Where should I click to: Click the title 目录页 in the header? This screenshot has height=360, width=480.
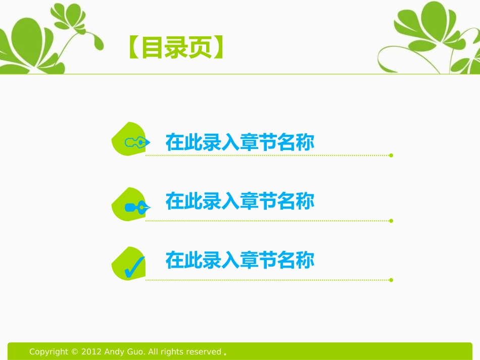pyautogui.click(x=175, y=49)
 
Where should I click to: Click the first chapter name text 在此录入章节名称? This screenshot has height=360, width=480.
pyautogui.click(x=240, y=143)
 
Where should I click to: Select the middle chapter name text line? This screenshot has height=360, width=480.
pyautogui.click(x=240, y=201)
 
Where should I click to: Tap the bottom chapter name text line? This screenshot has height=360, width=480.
pyautogui.click(x=240, y=261)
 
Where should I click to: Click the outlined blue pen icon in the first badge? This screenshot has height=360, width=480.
pyautogui.click(x=136, y=142)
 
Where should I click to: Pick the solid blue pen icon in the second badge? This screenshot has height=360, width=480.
pyautogui.click(x=137, y=207)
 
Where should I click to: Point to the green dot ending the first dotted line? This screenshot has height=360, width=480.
pyautogui.click(x=391, y=156)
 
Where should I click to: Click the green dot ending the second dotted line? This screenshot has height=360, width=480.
pyautogui.click(x=391, y=221)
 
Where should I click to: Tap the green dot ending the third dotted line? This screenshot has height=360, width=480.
pyautogui.click(x=391, y=280)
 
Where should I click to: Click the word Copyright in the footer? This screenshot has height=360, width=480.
pyautogui.click(x=48, y=352)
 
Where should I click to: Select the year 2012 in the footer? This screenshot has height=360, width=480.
pyautogui.click(x=91, y=352)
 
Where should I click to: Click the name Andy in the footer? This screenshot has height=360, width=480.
pyautogui.click(x=113, y=352)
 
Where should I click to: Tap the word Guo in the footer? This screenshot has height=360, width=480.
pyautogui.click(x=136, y=352)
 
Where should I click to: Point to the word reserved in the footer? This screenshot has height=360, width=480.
pyautogui.click(x=204, y=352)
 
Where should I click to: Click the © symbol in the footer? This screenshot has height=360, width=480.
pyautogui.click(x=75, y=352)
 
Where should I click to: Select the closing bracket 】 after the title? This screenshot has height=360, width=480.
pyautogui.click(x=218, y=49)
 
